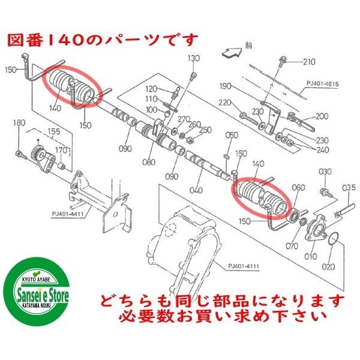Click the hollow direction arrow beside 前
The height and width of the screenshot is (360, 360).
pyautogui.click(x=232, y=53)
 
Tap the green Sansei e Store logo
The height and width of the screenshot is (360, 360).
pyautogui.click(x=37, y=292)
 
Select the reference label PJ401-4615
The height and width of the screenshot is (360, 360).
pyautogui.click(x=323, y=83)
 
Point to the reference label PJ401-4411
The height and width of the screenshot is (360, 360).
pyautogui.click(x=67, y=214)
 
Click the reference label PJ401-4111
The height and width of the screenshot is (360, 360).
pyautogui.click(x=244, y=266)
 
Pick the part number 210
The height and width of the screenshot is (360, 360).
pyautogui.click(x=309, y=62)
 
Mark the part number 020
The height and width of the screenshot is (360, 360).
pyautogui.click(x=328, y=267)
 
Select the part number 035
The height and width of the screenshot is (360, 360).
pyautogui.click(x=349, y=188)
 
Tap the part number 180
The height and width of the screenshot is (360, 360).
pyautogui.click(x=19, y=123)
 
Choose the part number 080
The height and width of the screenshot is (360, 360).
pyautogui.click(x=149, y=163)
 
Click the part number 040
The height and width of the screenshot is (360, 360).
pyautogui.click(x=196, y=190)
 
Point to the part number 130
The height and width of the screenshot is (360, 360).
pyautogui.click(x=194, y=58)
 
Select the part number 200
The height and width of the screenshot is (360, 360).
pyautogui.click(x=322, y=116)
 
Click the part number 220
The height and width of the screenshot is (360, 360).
pyautogui.click(x=224, y=103)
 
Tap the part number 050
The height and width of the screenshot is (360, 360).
pyautogui.click(x=232, y=135)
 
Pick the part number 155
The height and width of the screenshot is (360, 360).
pyautogui.click(x=54, y=131)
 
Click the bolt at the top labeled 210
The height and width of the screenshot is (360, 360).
pyautogui.click(x=281, y=62)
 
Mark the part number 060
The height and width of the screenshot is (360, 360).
pyautogui.click(x=298, y=188)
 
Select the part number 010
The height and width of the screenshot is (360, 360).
pyautogui.click(x=310, y=256)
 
